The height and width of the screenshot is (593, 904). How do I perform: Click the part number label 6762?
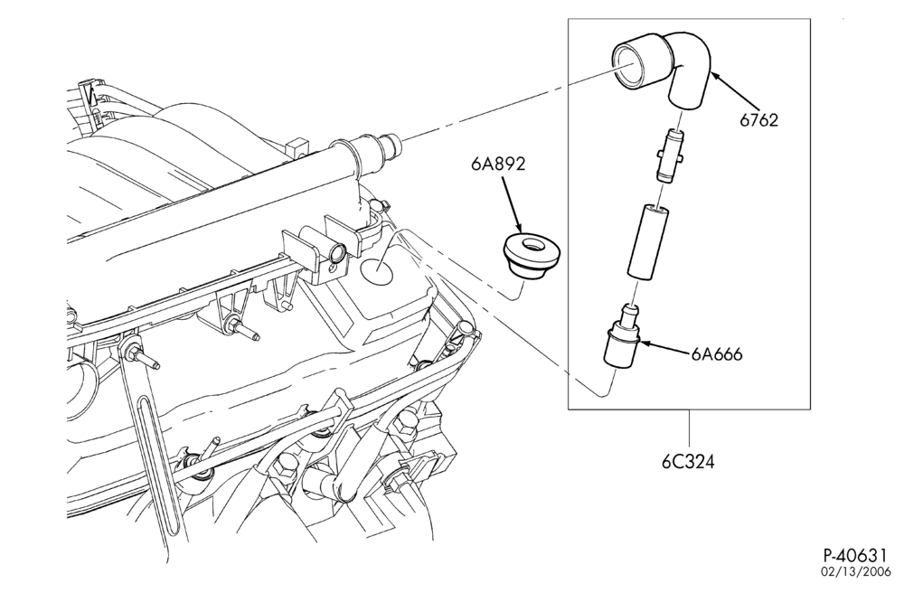(x=759, y=120)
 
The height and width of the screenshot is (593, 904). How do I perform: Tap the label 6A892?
(x=498, y=165)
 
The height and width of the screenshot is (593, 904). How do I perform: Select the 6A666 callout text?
(x=717, y=353)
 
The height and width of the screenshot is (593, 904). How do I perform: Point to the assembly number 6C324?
(x=688, y=462)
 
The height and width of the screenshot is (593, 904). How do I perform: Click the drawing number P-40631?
(x=854, y=556)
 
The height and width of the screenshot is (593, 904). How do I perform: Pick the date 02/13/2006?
(x=856, y=571)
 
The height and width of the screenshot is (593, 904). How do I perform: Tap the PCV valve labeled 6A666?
(x=622, y=336)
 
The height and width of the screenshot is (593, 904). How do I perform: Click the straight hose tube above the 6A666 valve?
(x=647, y=242)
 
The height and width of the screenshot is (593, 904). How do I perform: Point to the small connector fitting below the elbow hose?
(x=670, y=156)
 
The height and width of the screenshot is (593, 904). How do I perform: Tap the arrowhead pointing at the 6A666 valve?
(x=645, y=344)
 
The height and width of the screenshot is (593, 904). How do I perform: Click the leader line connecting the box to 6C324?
(x=689, y=430)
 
